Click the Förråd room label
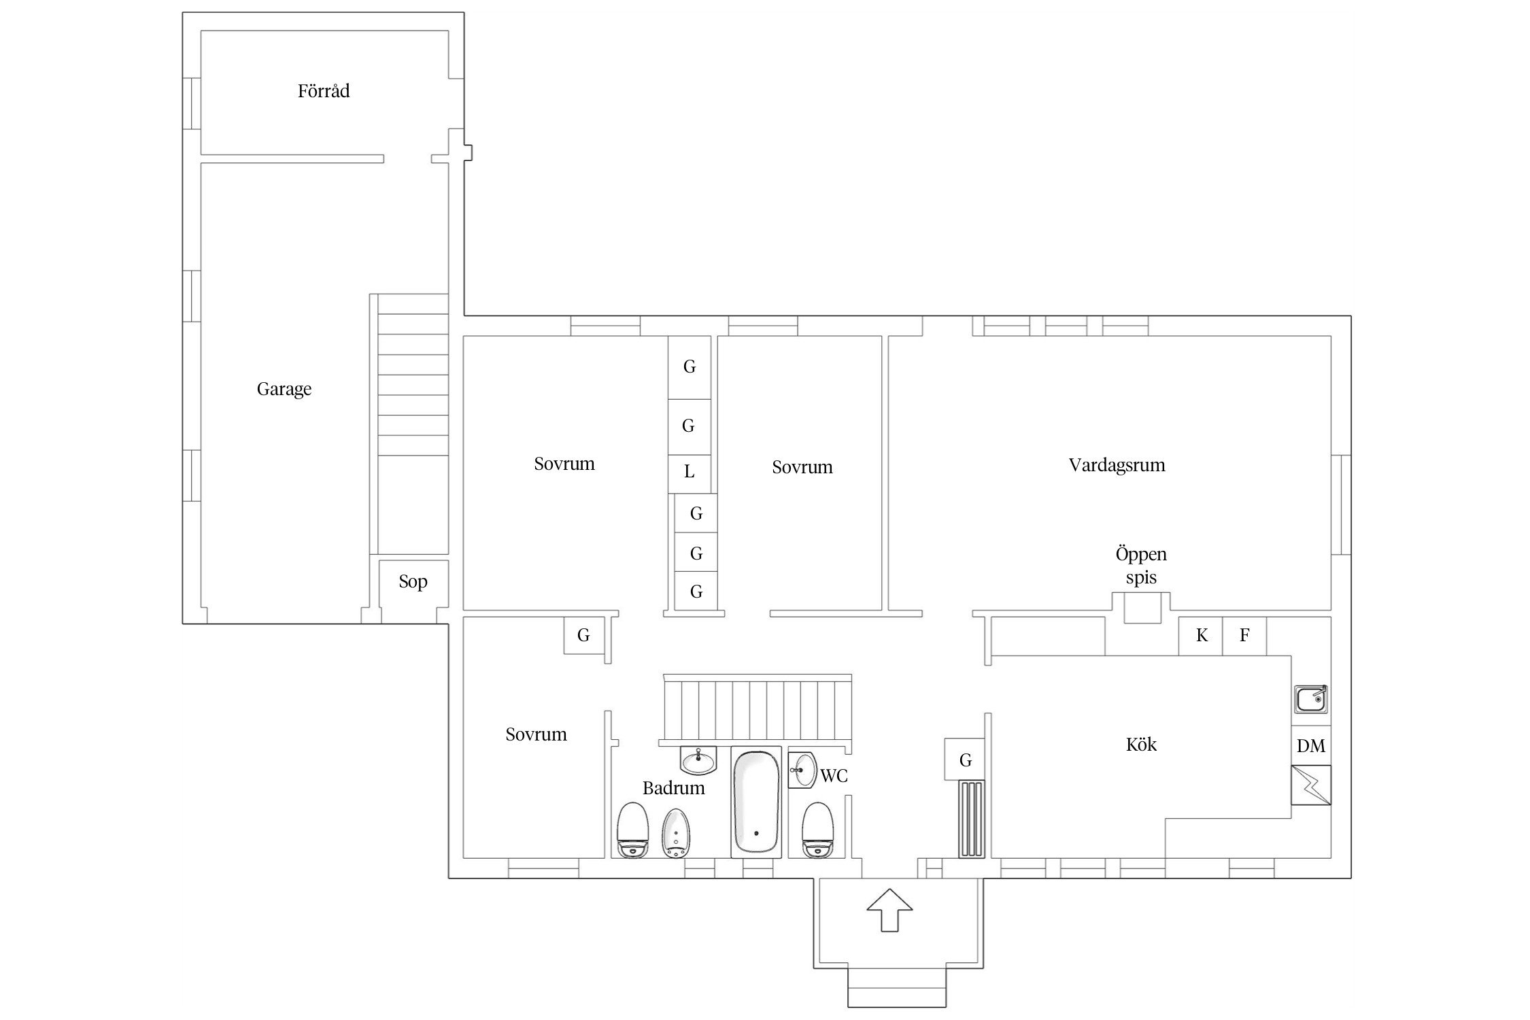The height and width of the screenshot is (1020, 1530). [x=324, y=90]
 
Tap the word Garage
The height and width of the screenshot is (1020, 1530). [x=284, y=389]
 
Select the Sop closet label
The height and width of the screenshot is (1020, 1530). [x=413, y=581]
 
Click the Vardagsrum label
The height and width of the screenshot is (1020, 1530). [x=1117, y=465]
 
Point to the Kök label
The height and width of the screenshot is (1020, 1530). [x=1141, y=744]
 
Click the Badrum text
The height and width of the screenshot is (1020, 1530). [x=673, y=787]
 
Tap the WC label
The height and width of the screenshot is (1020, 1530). [x=834, y=775]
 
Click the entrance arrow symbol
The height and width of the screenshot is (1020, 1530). [x=889, y=910]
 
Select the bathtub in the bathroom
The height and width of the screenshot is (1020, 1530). [x=756, y=802]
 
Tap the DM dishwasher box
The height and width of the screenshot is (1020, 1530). [x=1311, y=745]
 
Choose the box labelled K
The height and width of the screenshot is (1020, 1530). [x=1201, y=635]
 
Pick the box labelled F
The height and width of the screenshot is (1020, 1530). [x=1244, y=635]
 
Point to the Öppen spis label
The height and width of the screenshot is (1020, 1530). [x=1141, y=566]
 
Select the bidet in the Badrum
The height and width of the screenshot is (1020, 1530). [x=676, y=834]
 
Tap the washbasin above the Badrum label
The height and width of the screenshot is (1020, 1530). [x=698, y=760]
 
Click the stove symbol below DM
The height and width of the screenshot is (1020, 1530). [x=1311, y=785]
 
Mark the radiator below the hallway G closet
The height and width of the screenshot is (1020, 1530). [x=971, y=819]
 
